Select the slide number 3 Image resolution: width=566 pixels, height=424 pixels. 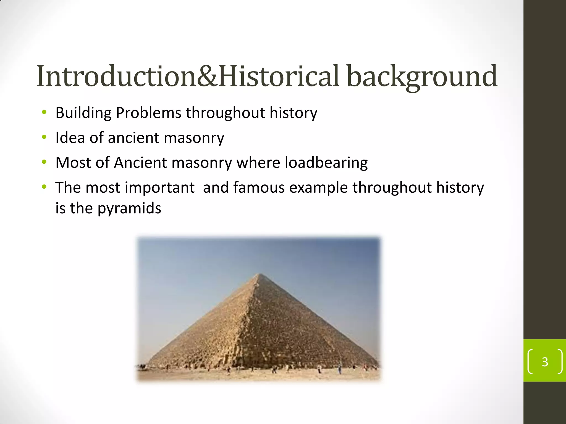(x=545, y=362)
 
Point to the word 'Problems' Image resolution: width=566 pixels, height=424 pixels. (x=148, y=113)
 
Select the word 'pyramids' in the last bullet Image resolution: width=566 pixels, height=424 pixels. (x=129, y=208)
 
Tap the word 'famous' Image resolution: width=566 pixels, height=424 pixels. (x=259, y=188)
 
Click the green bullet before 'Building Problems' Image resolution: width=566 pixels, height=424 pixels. (x=44, y=112)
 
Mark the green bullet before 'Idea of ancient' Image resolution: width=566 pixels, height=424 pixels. (x=44, y=137)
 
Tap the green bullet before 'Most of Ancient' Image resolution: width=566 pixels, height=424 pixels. (x=44, y=162)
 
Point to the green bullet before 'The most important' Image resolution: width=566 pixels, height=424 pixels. (x=44, y=187)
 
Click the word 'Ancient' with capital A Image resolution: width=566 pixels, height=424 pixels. (x=140, y=163)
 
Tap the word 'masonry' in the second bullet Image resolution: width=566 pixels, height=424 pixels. (x=194, y=138)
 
